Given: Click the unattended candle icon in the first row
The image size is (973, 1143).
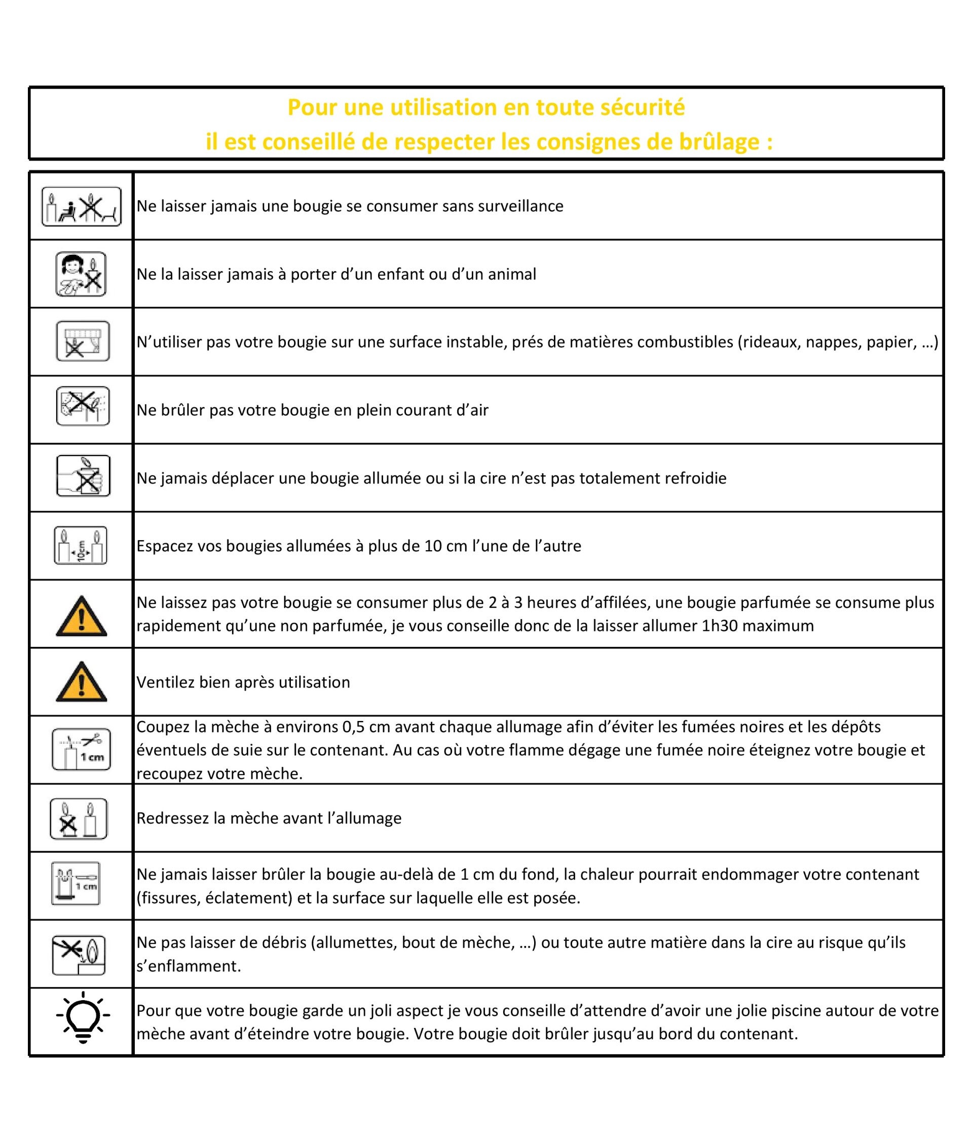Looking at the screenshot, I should pyautogui.click(x=82, y=206).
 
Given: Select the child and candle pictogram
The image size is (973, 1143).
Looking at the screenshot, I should pyautogui.click(x=81, y=274).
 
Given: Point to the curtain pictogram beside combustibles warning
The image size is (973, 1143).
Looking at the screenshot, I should pyautogui.click(x=83, y=341).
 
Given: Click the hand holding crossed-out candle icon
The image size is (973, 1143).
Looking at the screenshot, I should pyautogui.click(x=83, y=475).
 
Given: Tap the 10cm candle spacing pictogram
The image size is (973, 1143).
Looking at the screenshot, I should pyautogui.click(x=81, y=545).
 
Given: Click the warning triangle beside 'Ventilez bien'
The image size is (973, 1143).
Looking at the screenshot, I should pyautogui.click(x=82, y=682).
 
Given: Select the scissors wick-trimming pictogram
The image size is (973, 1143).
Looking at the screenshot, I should pyautogui.click(x=82, y=749).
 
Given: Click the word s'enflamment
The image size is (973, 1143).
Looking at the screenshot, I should pyautogui.click(x=189, y=967).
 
